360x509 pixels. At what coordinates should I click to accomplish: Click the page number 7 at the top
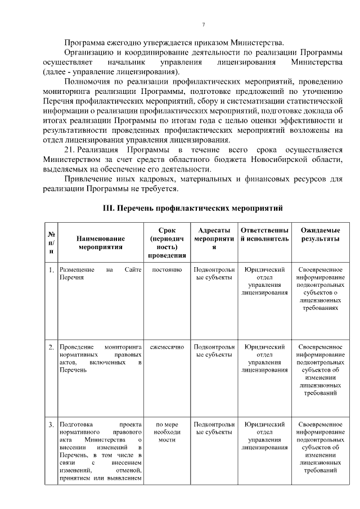pyautogui.click(x=203, y=24)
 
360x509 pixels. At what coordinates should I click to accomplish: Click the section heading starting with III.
pyautogui.click(x=192, y=208)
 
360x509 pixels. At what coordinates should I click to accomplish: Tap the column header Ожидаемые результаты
pyautogui.click(x=320, y=235)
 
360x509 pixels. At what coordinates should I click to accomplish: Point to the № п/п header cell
pyautogui.click(x=51, y=242)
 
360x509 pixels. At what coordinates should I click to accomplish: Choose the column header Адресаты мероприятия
pyautogui.click(x=214, y=238)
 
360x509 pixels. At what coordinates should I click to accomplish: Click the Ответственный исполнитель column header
pyautogui.click(x=264, y=235)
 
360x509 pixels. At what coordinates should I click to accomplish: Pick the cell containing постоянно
pyautogui.click(x=166, y=270)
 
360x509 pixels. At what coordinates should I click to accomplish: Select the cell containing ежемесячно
pyautogui.click(x=166, y=346)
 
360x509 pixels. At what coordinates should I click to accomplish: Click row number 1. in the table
pyautogui.click(x=51, y=270)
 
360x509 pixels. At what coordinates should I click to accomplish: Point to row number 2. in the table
pyautogui.click(x=51, y=346)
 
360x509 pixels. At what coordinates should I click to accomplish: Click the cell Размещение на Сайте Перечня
pyautogui.click(x=100, y=274)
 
